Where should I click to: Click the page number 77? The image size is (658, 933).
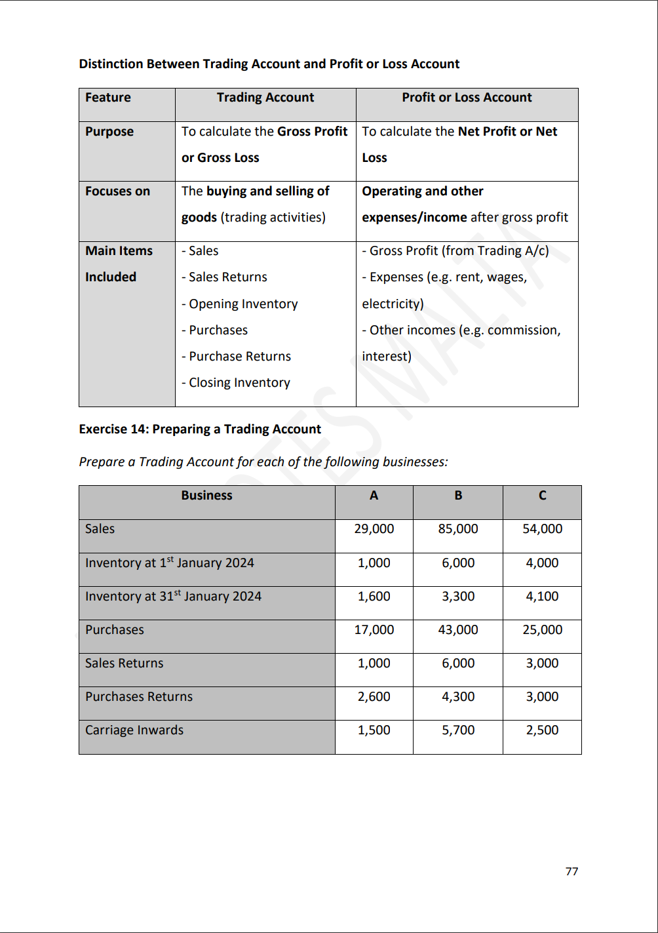(x=571, y=871)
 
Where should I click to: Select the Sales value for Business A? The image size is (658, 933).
(x=374, y=529)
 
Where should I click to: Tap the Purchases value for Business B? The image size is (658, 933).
(x=457, y=630)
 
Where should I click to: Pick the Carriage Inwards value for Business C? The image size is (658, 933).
(x=542, y=730)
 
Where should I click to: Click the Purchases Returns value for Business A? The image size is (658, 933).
(x=374, y=697)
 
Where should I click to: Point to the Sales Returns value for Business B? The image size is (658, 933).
(x=457, y=664)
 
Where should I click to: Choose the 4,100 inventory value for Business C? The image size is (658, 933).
(x=542, y=597)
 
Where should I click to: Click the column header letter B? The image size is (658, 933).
(x=458, y=496)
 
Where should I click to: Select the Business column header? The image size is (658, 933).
(x=206, y=496)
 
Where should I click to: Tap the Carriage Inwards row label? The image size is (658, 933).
(x=134, y=730)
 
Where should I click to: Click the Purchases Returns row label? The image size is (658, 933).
(x=139, y=697)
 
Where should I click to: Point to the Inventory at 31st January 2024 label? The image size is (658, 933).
(x=173, y=597)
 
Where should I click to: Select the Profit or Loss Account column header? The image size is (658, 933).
(x=467, y=98)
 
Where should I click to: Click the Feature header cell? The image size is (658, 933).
(x=108, y=98)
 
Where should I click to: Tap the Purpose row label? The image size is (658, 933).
(x=109, y=132)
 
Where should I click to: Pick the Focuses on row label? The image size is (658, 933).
(x=117, y=191)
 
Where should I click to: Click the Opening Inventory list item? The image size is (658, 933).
(x=240, y=304)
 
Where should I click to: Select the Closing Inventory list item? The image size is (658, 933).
(x=236, y=383)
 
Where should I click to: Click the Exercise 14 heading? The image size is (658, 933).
(x=200, y=429)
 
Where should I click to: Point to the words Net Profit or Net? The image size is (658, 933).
(x=507, y=132)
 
